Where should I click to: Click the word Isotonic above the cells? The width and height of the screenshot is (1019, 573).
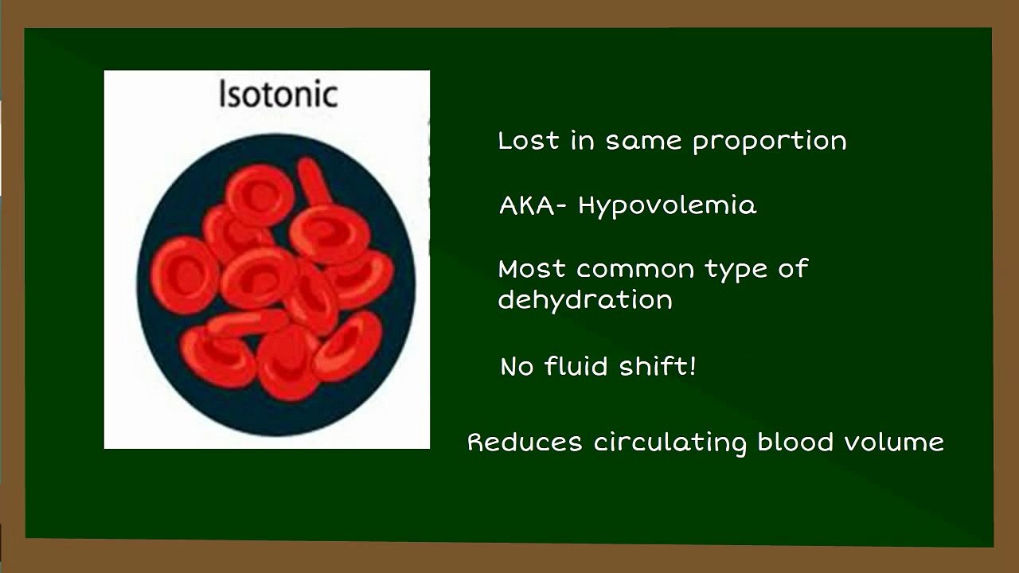tap(279, 94)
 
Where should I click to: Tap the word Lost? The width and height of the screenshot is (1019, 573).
tap(529, 140)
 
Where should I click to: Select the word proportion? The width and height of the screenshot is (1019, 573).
tap(770, 142)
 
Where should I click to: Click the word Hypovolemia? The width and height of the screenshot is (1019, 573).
tap(667, 206)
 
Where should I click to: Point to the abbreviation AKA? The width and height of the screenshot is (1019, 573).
tap(527, 205)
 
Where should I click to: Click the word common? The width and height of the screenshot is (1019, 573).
tap(635, 270)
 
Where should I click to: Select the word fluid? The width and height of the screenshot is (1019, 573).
tap(576, 365)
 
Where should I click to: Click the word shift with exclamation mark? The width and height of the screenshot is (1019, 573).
tap(658, 365)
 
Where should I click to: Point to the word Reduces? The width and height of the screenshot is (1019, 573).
tap(525, 442)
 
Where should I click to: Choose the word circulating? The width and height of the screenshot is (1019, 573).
tap(670, 443)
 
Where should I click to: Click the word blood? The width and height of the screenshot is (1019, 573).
tap(795, 441)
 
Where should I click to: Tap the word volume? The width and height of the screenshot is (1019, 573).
tap(894, 441)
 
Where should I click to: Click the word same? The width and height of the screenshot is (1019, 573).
tap(644, 142)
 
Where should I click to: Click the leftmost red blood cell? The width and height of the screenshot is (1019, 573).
tap(185, 275)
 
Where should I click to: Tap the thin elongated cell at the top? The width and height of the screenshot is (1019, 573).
tap(314, 182)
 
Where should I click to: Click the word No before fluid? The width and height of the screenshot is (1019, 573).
tap(517, 367)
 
